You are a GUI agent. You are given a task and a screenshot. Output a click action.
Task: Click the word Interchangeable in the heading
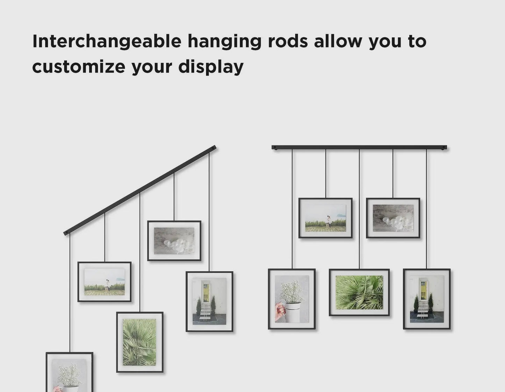pyautogui.click(x=107, y=41)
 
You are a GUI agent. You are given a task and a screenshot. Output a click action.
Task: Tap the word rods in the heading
pyautogui.click(x=288, y=41)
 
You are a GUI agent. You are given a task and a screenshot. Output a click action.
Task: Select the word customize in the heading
pyautogui.click(x=79, y=66)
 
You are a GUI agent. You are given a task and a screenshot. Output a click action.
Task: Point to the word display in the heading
pyautogui.click(x=211, y=67)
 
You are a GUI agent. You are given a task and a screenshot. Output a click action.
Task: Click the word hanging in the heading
pyautogui.click(x=224, y=42)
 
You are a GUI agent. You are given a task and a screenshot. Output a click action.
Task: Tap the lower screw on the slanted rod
pyautogui.click(x=67, y=232)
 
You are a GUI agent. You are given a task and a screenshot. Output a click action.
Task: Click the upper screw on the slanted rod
pyautogui.click(x=213, y=148)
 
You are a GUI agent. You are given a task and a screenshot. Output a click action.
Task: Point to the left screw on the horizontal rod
pyautogui.click(x=275, y=147)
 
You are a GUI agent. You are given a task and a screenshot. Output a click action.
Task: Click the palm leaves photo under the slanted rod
pyautogui.click(x=139, y=342)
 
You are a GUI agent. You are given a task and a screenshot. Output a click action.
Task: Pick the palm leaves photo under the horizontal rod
pyautogui.click(x=359, y=293)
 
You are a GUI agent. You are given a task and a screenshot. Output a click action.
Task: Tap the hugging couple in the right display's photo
pyautogui.click(x=328, y=222)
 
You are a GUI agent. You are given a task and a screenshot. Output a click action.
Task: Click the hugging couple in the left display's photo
pyautogui.click(x=107, y=285)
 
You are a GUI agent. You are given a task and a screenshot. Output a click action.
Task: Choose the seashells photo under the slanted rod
pyautogui.click(x=174, y=241)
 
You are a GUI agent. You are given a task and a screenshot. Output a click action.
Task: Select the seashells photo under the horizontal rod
pyautogui.click(x=393, y=218)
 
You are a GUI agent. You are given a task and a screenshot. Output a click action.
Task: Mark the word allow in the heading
pyautogui.click(x=338, y=41)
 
